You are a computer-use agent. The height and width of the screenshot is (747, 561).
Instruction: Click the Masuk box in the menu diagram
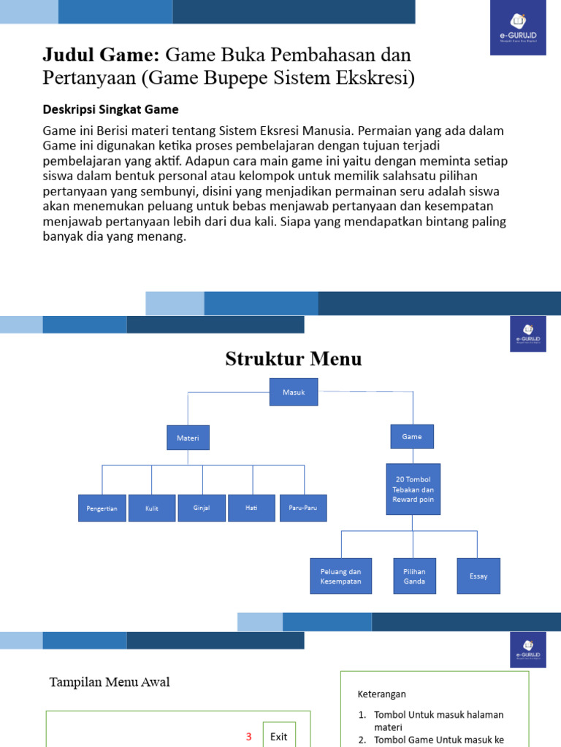click(294, 392)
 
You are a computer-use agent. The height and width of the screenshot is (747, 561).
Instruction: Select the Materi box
click(188, 438)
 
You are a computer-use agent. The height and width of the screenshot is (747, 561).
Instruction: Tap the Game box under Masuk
click(412, 436)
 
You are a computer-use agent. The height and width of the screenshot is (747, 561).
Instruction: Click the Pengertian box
click(102, 508)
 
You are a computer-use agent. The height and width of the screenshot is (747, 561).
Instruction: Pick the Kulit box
click(152, 508)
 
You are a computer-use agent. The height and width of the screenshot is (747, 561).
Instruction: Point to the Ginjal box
click(202, 508)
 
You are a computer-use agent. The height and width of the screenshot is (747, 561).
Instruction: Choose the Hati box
click(252, 508)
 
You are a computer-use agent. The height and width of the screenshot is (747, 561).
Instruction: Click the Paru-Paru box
click(303, 508)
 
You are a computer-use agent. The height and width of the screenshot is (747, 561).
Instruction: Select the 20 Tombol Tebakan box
click(413, 489)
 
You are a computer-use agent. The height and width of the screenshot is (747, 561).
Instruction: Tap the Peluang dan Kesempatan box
click(340, 576)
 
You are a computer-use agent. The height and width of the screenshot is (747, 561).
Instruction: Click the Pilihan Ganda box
click(414, 576)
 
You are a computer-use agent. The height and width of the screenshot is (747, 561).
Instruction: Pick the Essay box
click(478, 576)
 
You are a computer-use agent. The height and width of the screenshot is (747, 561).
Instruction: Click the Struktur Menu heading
click(293, 359)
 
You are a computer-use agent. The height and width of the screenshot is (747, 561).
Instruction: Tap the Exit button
click(279, 736)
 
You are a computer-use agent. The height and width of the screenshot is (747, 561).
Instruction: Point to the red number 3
click(248, 737)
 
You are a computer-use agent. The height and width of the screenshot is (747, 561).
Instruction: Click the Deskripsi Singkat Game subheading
click(110, 109)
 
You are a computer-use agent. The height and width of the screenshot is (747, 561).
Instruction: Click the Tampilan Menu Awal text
click(110, 682)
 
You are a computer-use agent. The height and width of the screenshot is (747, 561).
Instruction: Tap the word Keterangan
click(381, 694)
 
